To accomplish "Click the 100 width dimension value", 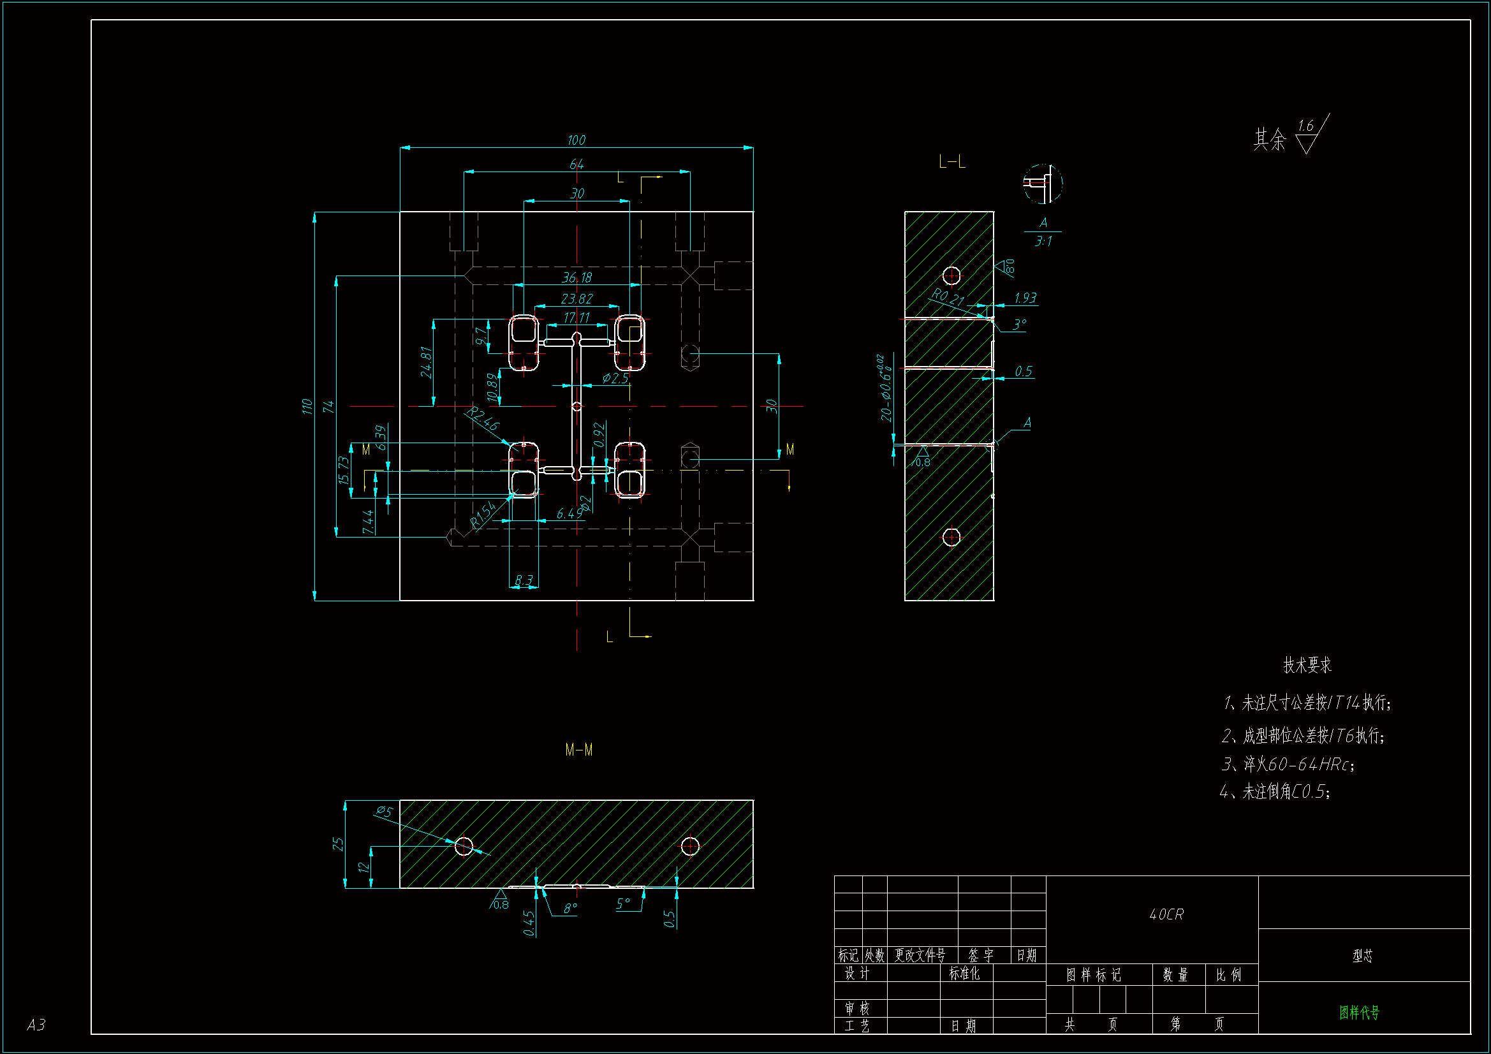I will click(576, 140).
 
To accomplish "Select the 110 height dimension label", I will click(307, 407).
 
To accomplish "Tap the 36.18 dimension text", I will click(577, 278).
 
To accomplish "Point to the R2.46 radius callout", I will click(483, 419).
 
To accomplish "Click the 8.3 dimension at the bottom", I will click(524, 580).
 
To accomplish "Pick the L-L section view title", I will click(952, 163).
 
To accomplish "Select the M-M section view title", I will click(578, 750).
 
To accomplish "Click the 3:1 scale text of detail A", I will click(1043, 242).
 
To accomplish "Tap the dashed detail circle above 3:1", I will click(1042, 184).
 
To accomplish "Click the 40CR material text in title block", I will click(1166, 914).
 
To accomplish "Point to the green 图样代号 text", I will click(1359, 1013).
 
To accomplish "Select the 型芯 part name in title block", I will click(1362, 956).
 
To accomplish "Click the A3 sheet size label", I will click(36, 1025).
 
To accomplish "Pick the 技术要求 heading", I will click(1307, 665).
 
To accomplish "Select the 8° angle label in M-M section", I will click(570, 909).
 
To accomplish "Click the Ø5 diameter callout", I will click(384, 811).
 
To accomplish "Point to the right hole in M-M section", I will click(689, 846).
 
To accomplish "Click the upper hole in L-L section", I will click(951, 275).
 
